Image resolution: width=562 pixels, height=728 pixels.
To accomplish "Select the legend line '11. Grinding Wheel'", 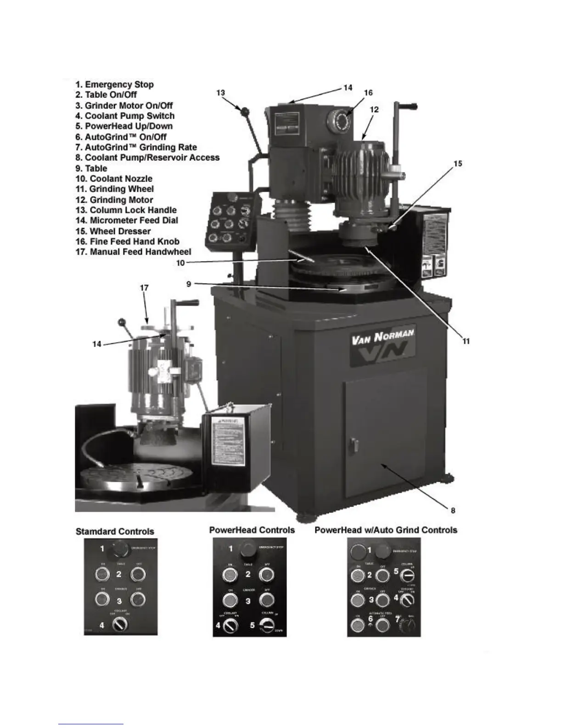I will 115,189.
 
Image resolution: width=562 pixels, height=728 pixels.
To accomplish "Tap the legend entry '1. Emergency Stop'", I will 115,85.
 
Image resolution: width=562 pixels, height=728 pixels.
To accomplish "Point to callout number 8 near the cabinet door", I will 453,510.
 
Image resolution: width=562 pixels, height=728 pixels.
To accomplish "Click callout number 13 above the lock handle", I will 221,93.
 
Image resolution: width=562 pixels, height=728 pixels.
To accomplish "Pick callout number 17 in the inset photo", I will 144,288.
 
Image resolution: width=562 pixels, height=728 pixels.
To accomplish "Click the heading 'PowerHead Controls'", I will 252,530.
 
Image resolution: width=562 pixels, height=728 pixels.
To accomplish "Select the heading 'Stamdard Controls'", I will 115,531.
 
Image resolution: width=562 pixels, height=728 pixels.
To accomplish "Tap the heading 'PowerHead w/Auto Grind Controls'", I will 386,530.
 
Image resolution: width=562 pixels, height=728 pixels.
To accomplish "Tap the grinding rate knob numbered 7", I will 408,625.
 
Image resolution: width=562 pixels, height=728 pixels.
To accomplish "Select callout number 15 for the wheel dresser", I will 458,164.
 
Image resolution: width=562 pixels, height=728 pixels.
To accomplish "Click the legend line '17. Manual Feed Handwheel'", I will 133,252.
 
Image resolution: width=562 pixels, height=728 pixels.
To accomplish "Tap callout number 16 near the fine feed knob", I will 368,93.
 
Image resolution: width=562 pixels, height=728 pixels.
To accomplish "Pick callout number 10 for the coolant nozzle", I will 180,263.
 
